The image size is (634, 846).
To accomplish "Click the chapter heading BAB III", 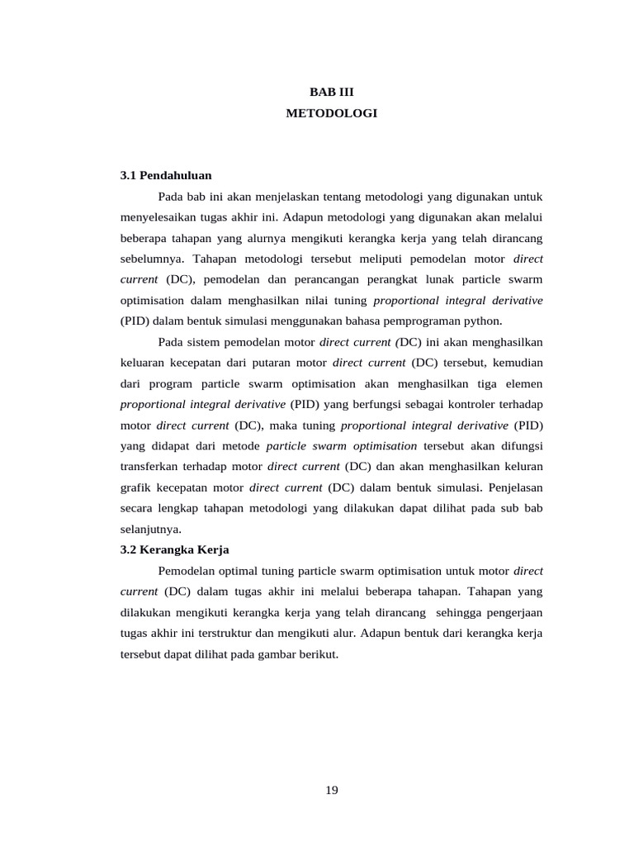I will tap(331, 93).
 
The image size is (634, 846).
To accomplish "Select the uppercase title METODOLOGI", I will tap(331, 114).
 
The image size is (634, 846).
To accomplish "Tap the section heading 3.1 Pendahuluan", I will tap(166, 175).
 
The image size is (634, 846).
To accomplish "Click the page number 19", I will tap(331, 791).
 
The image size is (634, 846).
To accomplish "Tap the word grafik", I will tap(135, 487).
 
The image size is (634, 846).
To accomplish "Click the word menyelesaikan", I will tap(158, 217).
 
